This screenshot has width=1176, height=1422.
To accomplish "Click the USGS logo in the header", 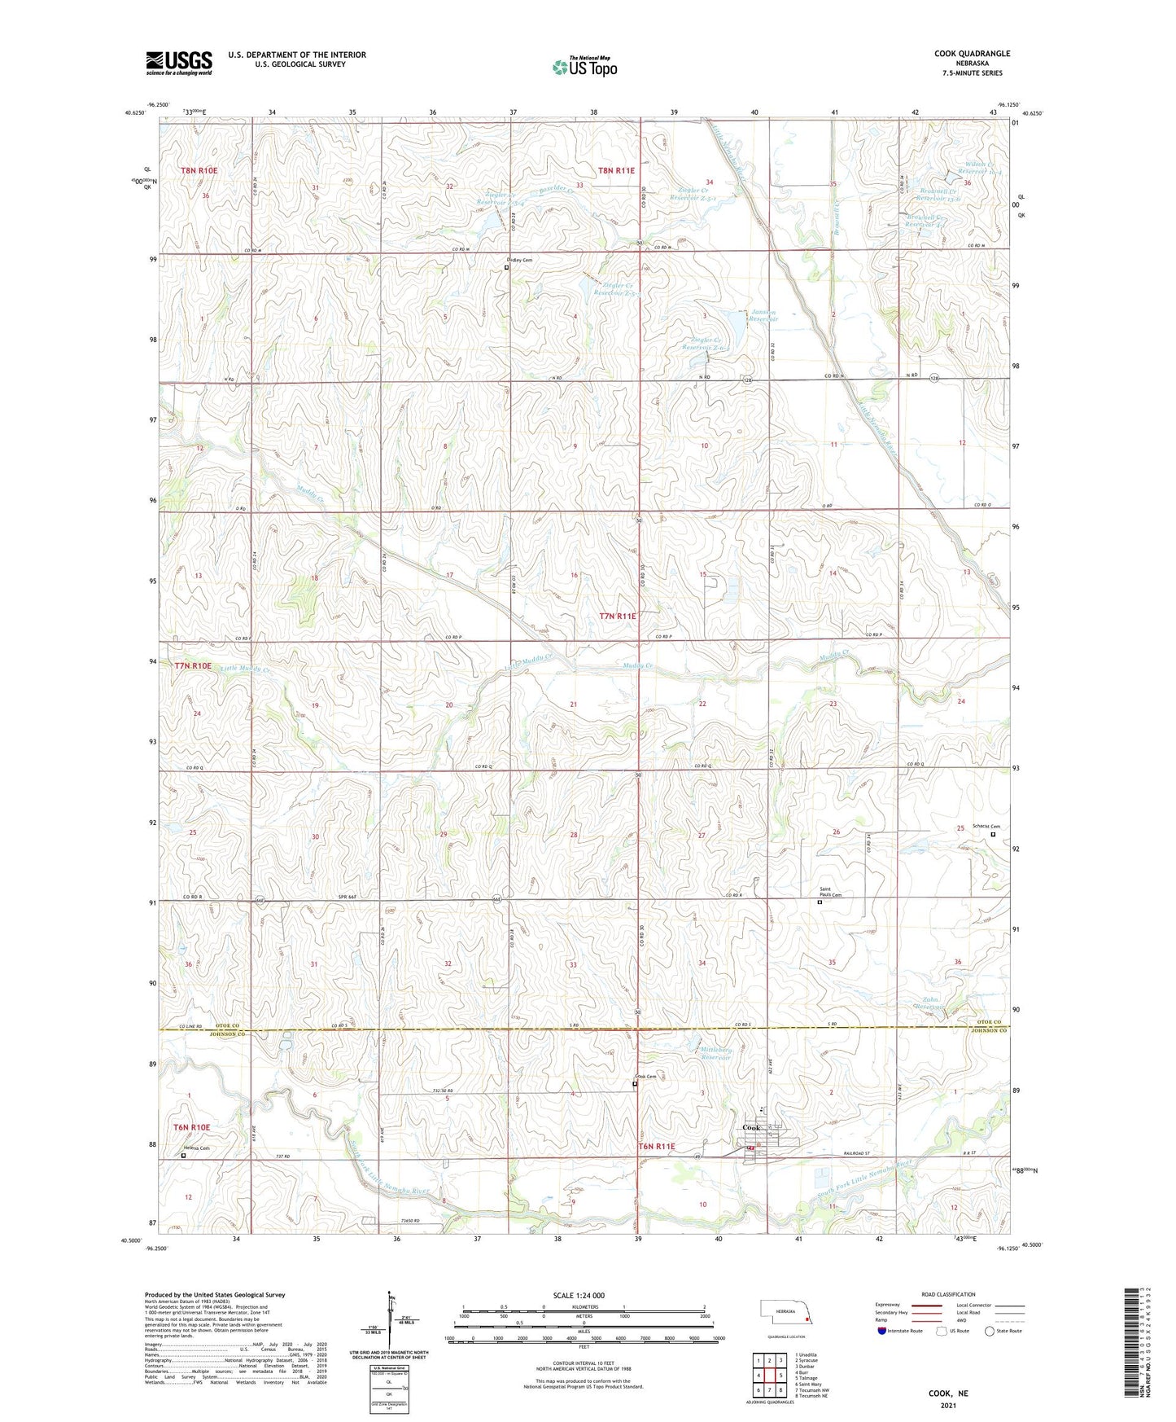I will pyautogui.click(x=179, y=62).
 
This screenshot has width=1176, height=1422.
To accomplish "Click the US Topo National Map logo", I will pyautogui.click(x=584, y=66).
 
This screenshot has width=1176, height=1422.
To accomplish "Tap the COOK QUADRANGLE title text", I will pyautogui.click(x=972, y=54).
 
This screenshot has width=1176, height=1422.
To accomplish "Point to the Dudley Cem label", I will pyautogui.click(x=522, y=260).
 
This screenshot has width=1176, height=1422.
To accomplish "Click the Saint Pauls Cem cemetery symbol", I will pyautogui.click(x=820, y=902).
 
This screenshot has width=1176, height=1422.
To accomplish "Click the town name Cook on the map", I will pyautogui.click(x=752, y=1128).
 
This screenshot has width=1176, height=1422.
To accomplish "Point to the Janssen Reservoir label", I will pyautogui.click(x=763, y=315).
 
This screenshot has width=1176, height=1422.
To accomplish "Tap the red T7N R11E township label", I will pyautogui.click(x=617, y=617).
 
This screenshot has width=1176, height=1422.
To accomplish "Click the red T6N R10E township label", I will pyautogui.click(x=191, y=1127).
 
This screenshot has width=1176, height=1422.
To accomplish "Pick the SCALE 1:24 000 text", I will pyautogui.click(x=579, y=1296).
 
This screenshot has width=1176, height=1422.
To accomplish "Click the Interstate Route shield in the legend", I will pyautogui.click(x=882, y=1331).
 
